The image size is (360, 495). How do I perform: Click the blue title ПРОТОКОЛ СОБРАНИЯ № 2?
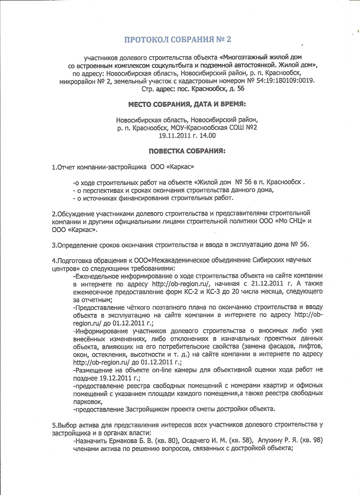[x=177, y=40]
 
